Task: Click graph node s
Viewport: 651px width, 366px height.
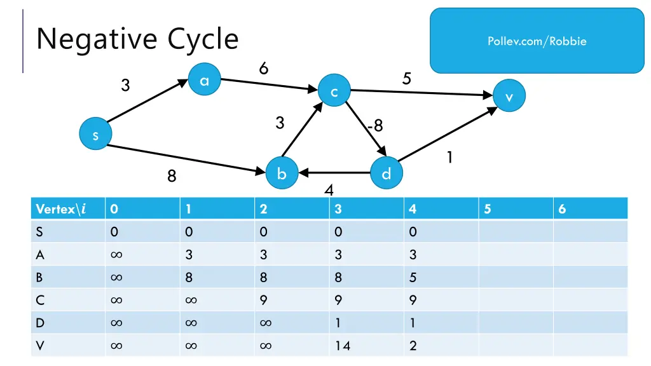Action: tap(95, 135)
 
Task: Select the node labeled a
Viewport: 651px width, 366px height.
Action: tap(204, 81)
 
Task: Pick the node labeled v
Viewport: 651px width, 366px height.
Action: tap(509, 96)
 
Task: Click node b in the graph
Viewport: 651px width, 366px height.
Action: tap(282, 173)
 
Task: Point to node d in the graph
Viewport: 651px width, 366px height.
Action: tap(386, 173)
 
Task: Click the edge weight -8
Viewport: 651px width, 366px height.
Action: tap(375, 125)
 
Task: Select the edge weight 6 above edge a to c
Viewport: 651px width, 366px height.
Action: tap(263, 68)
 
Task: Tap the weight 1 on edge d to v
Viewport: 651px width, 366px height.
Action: tap(449, 157)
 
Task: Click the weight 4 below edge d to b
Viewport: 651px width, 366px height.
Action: tap(329, 190)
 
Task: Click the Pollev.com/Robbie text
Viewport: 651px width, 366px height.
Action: tap(537, 41)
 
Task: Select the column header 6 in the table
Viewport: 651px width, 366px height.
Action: tap(562, 209)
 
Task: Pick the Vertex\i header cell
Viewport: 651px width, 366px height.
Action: tap(61, 209)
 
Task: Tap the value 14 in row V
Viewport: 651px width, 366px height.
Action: tap(343, 346)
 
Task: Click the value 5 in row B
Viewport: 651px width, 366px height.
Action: tap(413, 277)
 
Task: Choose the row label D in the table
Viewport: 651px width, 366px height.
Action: tap(40, 323)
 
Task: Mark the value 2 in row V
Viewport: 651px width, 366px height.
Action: tap(413, 346)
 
